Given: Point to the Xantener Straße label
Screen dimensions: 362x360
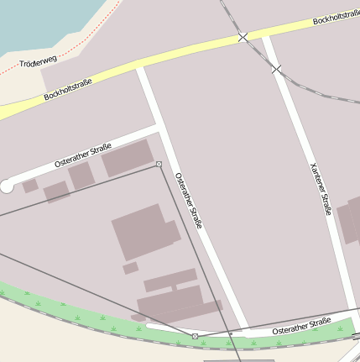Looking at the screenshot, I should click(x=320, y=188).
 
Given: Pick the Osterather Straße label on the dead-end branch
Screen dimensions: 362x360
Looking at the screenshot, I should click(x=83, y=155).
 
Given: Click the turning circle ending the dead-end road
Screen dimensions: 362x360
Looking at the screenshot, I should click(x=7, y=186).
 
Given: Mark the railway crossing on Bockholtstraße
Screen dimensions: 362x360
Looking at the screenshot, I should click(x=243, y=37).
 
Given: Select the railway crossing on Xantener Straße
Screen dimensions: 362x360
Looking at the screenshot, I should click(x=276, y=69).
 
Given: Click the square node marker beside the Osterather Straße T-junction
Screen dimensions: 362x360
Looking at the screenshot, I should click(x=159, y=165).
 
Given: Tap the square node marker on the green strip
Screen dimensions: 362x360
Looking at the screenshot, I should click(x=196, y=336).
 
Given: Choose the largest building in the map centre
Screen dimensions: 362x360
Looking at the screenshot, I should click(x=143, y=231).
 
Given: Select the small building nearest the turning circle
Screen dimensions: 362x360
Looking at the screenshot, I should click(x=30, y=186).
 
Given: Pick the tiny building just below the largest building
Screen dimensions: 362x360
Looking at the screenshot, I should click(x=130, y=268).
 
